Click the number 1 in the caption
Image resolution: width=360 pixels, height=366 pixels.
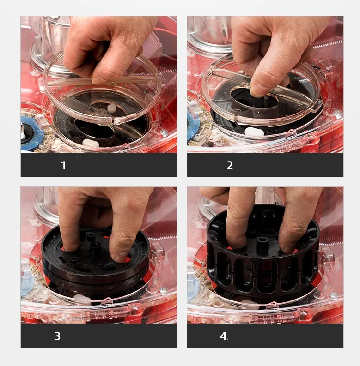pos(63,165)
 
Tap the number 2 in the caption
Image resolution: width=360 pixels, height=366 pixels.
pos(230,165)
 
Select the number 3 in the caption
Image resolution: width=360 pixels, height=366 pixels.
pos(57,336)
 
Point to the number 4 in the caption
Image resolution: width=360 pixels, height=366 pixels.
pos(223,336)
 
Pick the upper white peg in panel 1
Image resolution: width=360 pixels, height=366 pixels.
pos(111,108)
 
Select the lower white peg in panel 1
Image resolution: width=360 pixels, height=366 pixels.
pos(91,143)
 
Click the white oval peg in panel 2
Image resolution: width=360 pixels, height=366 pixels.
pos(254,132)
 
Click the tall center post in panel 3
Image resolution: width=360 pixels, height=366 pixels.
pos(95,247)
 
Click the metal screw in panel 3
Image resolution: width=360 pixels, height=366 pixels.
pos(163,291)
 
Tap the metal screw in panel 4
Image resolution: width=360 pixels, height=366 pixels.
pos(334,295)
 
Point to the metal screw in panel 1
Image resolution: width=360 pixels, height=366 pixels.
pos(164,133)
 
